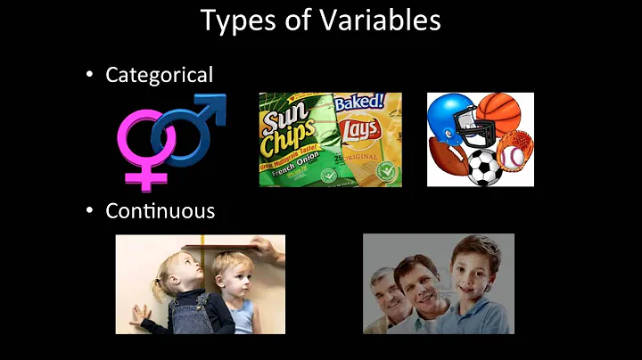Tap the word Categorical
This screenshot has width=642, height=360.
click(x=160, y=75)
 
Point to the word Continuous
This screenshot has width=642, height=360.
click(x=160, y=211)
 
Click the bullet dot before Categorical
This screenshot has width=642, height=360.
click(x=89, y=76)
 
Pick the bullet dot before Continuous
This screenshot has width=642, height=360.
click(x=89, y=212)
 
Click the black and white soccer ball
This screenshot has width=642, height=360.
click(x=484, y=166)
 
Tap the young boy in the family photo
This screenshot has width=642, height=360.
click(x=473, y=272)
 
